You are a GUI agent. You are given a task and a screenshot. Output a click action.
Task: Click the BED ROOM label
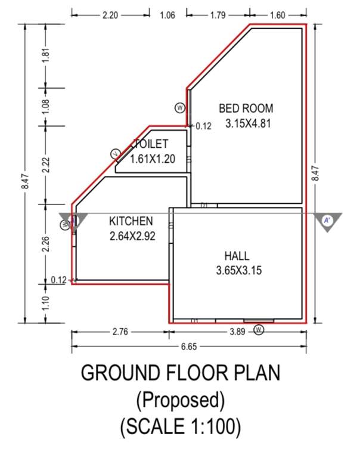click(246, 109)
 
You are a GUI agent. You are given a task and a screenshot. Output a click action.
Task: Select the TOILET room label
click(151, 144)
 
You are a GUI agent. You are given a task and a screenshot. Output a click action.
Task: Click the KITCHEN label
click(131, 221)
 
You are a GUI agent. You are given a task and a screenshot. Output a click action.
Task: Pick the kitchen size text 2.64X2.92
click(132, 236)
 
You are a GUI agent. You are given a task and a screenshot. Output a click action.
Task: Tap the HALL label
click(237, 256)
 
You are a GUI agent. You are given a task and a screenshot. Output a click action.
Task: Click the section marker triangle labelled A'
click(327, 221)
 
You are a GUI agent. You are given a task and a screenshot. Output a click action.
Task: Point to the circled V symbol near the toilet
click(116, 154)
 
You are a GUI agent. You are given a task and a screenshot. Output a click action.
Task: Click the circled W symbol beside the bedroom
click(179, 107)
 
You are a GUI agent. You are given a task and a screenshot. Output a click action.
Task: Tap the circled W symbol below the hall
click(259, 330)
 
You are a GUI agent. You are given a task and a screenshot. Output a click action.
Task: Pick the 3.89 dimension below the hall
click(237, 332)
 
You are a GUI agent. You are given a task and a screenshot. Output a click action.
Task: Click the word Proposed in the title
click(180, 399)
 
